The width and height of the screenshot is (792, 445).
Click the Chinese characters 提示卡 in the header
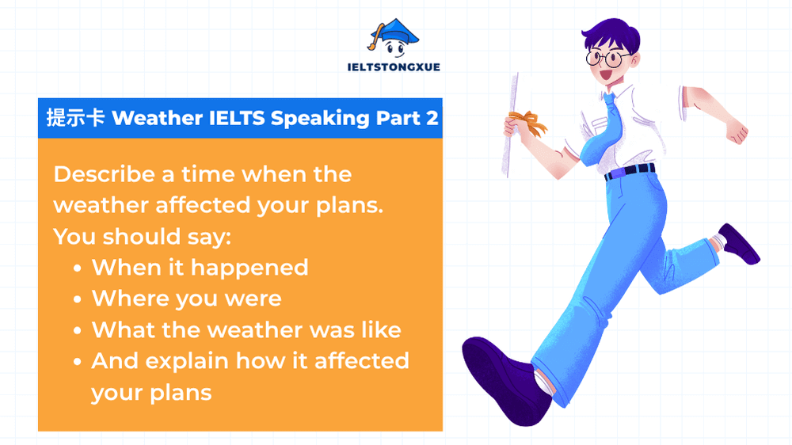75,118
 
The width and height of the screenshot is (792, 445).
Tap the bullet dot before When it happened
77,268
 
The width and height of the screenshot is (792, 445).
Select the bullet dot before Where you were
77,299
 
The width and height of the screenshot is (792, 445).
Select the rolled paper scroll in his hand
512,127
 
